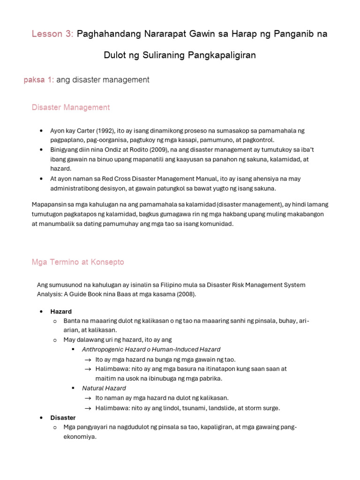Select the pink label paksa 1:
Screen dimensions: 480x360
pyautogui.click(x=39, y=80)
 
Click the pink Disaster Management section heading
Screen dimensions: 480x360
pyautogui.click(x=71, y=107)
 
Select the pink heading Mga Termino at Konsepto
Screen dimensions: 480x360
pyautogui.click(x=78, y=262)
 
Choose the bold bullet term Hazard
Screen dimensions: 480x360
pyautogui.click(x=61, y=311)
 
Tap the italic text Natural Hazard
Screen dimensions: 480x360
pyautogui.click(x=104, y=388)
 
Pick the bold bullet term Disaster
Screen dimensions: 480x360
pyautogui.click(x=63, y=417)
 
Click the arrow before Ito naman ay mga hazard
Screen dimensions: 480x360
pyautogui.click(x=88, y=398)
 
